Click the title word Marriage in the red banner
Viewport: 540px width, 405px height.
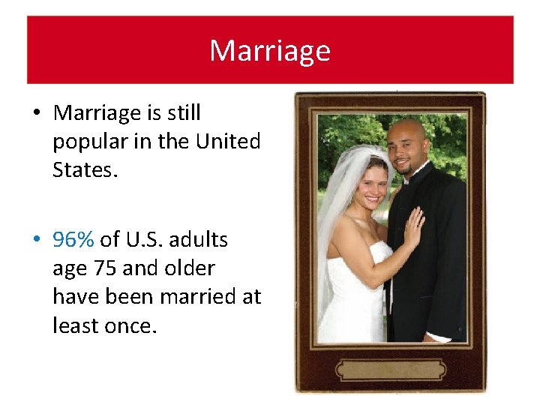(269, 50)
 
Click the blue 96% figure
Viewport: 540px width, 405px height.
(73, 239)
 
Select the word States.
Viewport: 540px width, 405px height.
(85, 169)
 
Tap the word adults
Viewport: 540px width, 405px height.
(199, 239)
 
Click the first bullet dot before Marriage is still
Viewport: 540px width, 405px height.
(36, 114)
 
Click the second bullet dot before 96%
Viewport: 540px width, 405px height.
(36, 241)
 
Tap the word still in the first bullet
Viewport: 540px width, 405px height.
(184, 112)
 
